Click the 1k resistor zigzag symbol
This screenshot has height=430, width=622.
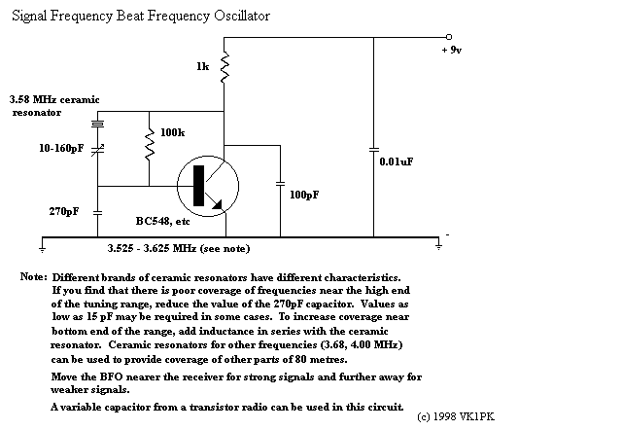click(225, 67)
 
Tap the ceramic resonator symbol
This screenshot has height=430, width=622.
click(97, 124)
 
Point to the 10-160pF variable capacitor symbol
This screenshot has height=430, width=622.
click(97, 149)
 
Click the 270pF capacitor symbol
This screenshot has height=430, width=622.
click(97, 213)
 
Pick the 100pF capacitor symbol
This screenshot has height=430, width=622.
click(281, 184)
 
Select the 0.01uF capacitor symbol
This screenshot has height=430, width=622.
click(373, 150)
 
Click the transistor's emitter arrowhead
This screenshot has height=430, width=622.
click(218, 204)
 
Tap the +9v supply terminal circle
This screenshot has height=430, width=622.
click(449, 37)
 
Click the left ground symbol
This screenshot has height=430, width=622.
click(42, 249)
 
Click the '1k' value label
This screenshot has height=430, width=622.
click(203, 66)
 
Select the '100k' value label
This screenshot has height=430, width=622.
click(173, 132)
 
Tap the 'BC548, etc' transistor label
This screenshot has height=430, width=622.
click(162, 221)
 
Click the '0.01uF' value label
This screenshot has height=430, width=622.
click(397, 161)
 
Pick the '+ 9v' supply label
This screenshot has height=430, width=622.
click(451, 50)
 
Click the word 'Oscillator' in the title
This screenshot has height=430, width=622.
click(242, 16)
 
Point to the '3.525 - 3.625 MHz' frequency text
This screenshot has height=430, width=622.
click(152, 248)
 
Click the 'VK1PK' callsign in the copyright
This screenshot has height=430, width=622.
click(477, 416)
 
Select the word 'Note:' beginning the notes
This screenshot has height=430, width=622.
click(34, 276)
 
